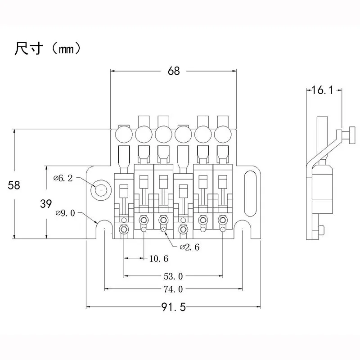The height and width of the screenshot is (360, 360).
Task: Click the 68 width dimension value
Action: point(174,71)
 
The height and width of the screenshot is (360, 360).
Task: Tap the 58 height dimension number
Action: point(14,185)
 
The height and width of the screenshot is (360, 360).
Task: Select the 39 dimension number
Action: point(45,203)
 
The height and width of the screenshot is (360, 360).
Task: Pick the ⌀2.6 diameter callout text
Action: point(189,247)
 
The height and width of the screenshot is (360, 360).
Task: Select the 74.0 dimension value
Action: point(173,289)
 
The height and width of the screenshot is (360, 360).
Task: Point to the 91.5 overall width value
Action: point(173,307)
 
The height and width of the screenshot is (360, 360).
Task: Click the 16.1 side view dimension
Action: point(322,90)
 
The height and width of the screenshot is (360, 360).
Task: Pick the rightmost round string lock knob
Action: point(222,134)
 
